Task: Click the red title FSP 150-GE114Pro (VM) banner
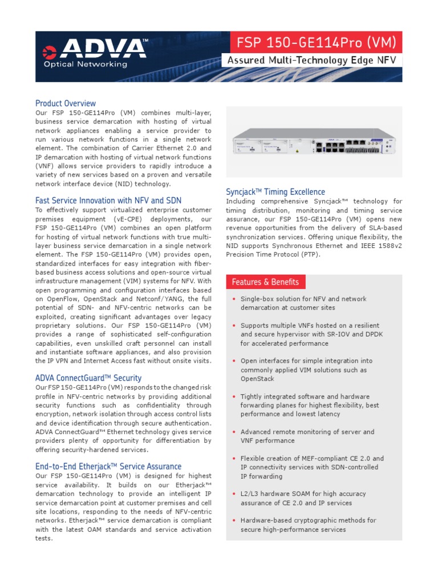click(x=312, y=42)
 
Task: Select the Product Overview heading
click(x=66, y=103)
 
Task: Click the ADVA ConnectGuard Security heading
click(x=88, y=378)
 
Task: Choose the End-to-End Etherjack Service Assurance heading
click(x=108, y=467)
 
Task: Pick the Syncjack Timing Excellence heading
click(x=275, y=192)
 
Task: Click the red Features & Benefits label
click(x=265, y=282)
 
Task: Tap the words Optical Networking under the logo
click(x=86, y=65)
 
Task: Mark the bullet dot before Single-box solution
click(x=233, y=299)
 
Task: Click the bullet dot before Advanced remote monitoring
click(x=233, y=432)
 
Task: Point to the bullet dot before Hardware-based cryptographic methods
click(x=233, y=520)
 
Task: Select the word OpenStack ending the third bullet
click(x=257, y=379)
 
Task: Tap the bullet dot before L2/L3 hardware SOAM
click(x=233, y=494)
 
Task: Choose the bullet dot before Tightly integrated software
click(x=233, y=396)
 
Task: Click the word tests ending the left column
click(x=44, y=539)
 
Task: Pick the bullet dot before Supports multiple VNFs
click(x=233, y=326)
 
